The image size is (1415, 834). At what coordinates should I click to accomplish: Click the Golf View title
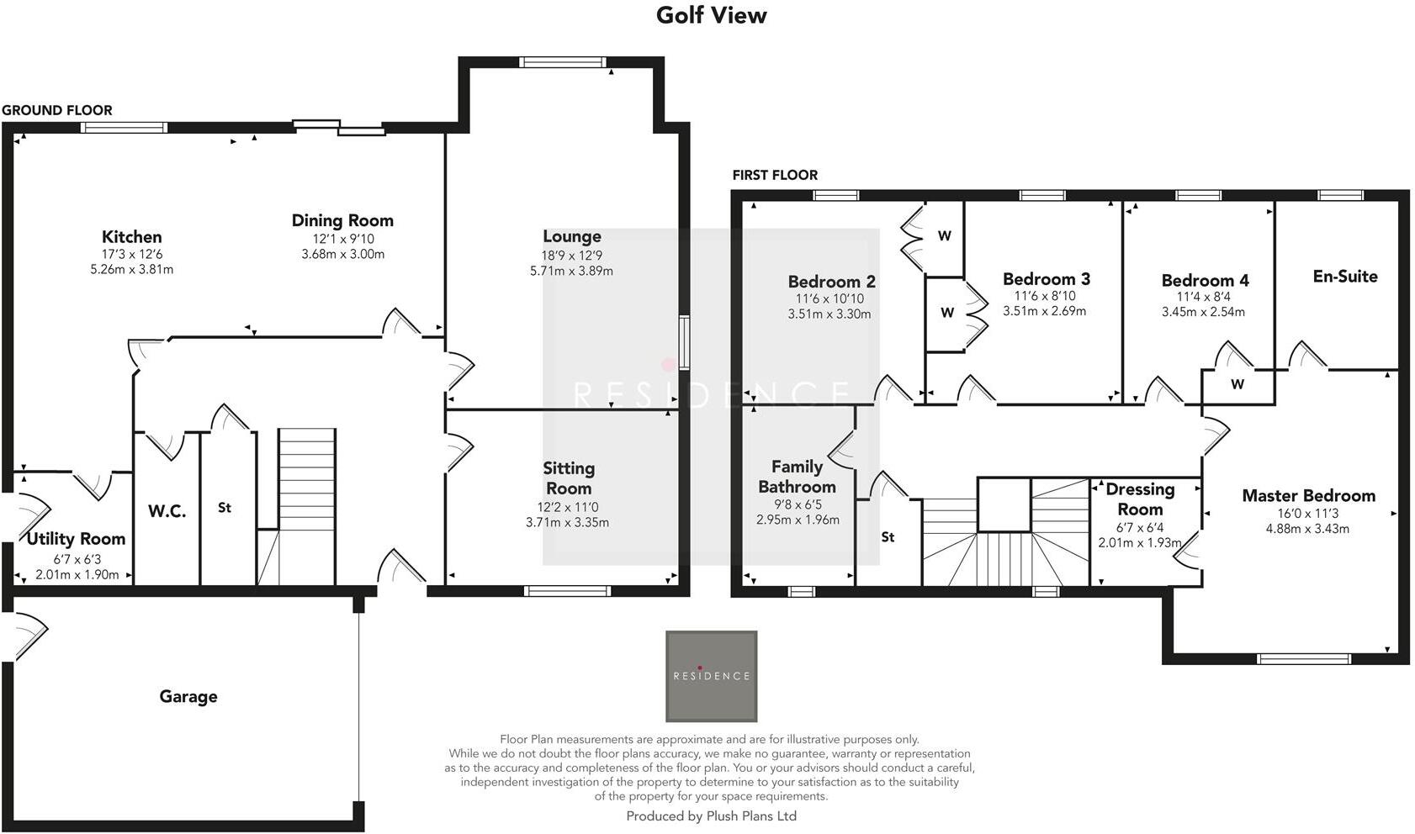(711, 15)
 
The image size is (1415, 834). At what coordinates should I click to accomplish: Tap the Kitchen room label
(131, 237)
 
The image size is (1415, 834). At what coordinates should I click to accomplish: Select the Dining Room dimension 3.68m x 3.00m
(342, 254)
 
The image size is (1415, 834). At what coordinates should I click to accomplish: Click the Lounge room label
(571, 237)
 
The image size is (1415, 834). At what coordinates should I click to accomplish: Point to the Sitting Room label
(568, 478)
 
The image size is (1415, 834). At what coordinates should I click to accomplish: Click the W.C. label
(167, 511)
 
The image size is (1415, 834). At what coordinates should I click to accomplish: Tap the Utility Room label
(76, 539)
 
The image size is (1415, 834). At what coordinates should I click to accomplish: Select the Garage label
(188, 696)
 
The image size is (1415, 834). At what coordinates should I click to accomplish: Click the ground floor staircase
(307, 479)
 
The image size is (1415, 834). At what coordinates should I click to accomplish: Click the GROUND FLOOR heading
(57, 110)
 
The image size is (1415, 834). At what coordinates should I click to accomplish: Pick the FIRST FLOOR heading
(775, 175)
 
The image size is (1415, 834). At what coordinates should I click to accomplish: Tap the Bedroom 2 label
(831, 282)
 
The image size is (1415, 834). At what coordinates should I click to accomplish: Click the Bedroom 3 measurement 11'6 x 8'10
(1045, 296)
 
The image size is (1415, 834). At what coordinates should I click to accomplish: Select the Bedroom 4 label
(1205, 281)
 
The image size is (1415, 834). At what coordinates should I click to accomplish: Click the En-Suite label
(1344, 277)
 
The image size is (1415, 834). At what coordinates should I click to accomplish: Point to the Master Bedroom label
(1308, 496)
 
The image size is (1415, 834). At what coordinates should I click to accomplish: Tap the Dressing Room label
(1140, 499)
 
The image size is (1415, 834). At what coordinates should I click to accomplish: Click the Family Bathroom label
(797, 477)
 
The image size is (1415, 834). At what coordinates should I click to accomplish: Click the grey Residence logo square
(711, 676)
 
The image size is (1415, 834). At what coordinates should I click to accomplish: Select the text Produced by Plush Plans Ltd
(711, 816)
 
